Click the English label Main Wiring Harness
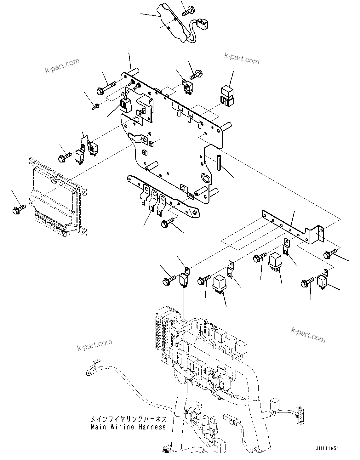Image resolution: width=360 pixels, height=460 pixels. (x=128, y=427)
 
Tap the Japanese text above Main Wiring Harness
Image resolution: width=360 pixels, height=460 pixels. (x=128, y=420)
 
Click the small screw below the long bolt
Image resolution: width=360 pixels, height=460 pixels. (x=96, y=107)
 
